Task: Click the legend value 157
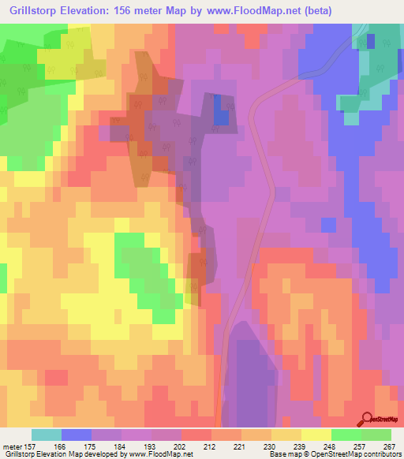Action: (31, 446)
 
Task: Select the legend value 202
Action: (181, 446)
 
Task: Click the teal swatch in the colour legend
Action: (47, 435)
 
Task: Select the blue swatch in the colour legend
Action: (77, 435)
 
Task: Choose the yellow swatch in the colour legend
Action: (316, 435)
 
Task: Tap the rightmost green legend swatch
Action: (376, 435)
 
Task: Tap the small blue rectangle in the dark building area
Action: (223, 117)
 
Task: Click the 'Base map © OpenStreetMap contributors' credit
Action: (331, 454)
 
